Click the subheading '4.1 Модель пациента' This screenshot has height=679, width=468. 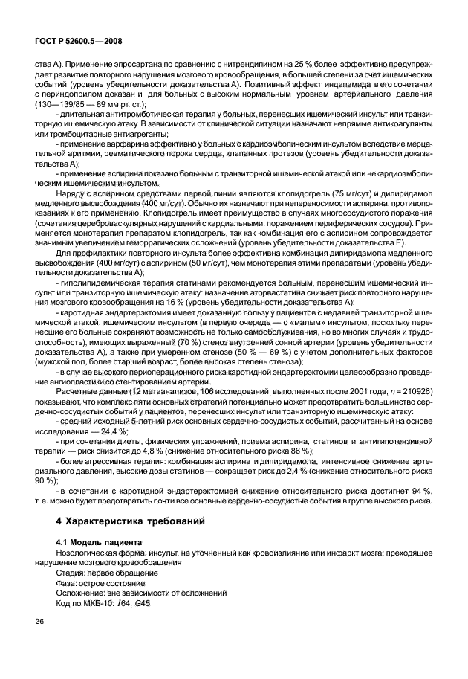[100, 543]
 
